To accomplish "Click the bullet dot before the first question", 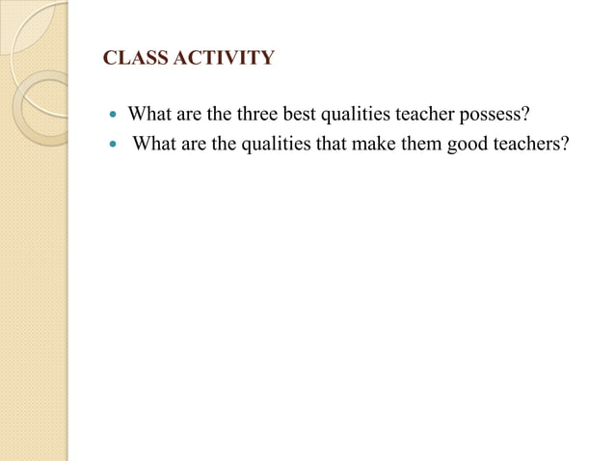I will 114,116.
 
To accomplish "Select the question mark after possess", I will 525,115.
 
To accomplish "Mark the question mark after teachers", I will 564,146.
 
